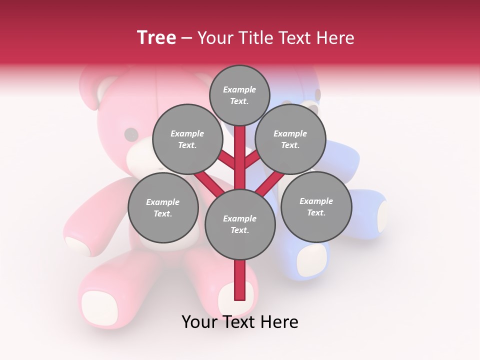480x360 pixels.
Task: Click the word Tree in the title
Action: (156, 38)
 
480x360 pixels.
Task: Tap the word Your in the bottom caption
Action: (200, 322)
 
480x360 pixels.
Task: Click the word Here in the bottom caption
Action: (279, 322)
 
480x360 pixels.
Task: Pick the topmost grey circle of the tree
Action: (239, 95)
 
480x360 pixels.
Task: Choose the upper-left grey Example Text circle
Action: (187, 139)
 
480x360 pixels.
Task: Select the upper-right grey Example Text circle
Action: (290, 139)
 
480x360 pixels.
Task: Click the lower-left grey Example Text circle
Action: (163, 207)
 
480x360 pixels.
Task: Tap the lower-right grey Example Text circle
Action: (316, 206)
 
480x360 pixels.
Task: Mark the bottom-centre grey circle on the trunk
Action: (240, 224)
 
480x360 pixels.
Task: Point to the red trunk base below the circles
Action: (240, 280)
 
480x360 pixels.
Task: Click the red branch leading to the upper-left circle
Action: (227, 161)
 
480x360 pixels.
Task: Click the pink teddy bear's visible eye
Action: (131, 134)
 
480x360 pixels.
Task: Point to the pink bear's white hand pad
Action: (77, 246)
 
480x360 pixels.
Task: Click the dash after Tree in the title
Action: (187, 38)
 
